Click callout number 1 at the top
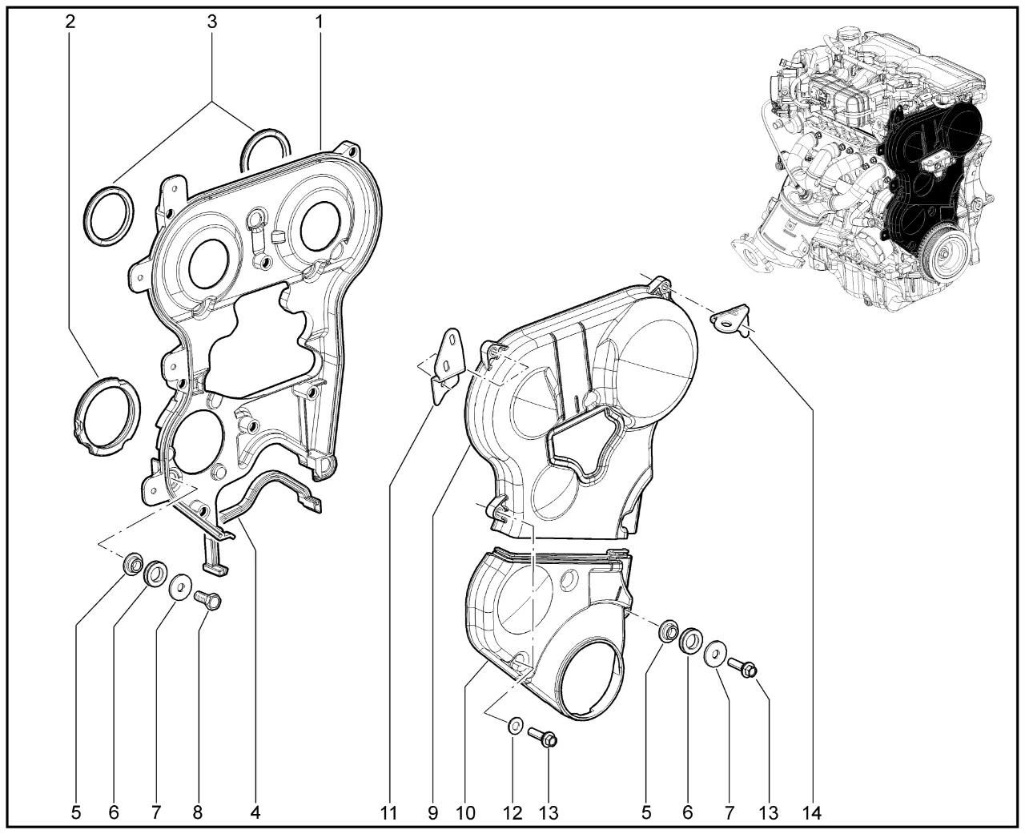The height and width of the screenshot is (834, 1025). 319,22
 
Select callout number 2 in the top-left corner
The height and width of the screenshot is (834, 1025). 70,22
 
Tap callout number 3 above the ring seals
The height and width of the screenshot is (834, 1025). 211,22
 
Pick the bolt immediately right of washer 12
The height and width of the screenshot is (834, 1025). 542,737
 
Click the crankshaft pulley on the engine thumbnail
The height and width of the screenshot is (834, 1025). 942,254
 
